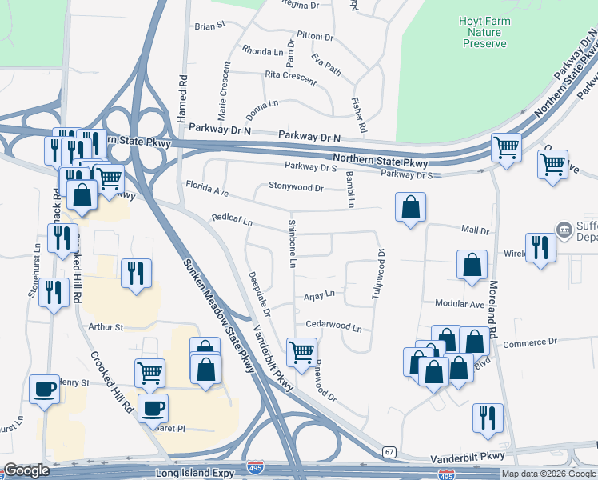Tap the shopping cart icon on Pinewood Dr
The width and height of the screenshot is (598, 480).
pyautogui.click(x=301, y=351)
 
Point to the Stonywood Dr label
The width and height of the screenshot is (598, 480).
pyautogui.click(x=296, y=189)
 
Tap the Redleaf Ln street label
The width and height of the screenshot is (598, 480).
pyautogui.click(x=232, y=218)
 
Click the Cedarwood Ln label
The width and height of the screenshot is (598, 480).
pyautogui.click(x=334, y=328)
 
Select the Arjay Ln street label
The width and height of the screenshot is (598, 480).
pyautogui.click(x=319, y=295)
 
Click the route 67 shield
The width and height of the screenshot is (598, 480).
pyautogui.click(x=389, y=452)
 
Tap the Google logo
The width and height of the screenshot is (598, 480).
pyautogui.click(x=26, y=470)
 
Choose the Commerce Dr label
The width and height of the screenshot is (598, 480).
pyautogui.click(x=531, y=342)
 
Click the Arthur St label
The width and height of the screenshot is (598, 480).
pyautogui.click(x=106, y=326)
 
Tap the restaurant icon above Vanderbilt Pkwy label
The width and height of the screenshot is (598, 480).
pyautogui.click(x=488, y=418)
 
